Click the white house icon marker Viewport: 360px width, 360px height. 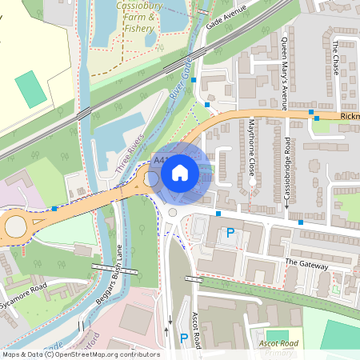pos(180,172)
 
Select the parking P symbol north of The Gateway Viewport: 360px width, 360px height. pos(230,234)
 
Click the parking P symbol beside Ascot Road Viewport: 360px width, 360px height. pos(183,338)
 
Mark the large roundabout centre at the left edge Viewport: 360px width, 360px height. pos(16,227)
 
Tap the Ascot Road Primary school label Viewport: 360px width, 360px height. pos(279,349)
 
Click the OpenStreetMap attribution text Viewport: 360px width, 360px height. pos(80,354)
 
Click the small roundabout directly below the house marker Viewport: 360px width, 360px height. pos(172,213)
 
